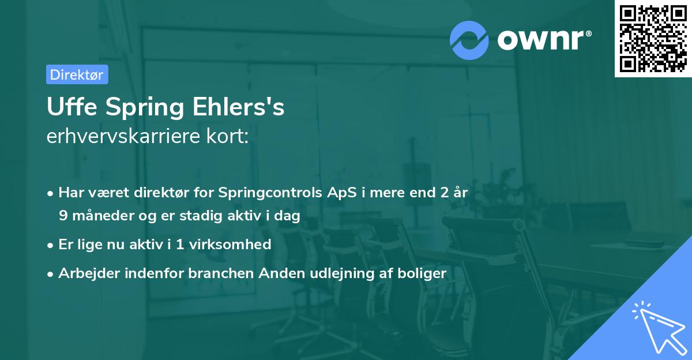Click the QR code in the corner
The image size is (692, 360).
(653, 39)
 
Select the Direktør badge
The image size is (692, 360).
(77, 74)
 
